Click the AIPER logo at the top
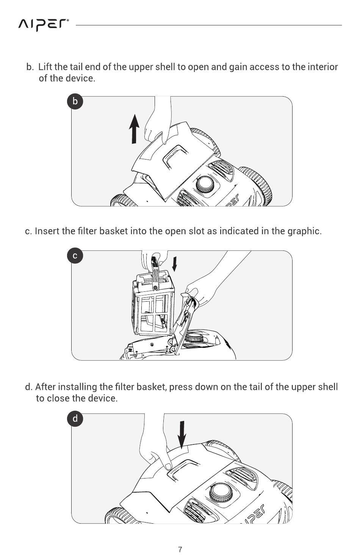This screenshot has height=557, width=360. click(44, 25)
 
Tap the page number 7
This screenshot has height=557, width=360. click(180, 549)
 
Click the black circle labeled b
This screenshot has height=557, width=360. click(75, 102)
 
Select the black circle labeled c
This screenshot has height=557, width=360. click(75, 256)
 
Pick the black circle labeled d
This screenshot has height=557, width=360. click(75, 419)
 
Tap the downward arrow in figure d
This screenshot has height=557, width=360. click(182, 433)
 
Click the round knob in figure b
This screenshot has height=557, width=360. click(205, 184)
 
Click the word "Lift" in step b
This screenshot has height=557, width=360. click(45, 67)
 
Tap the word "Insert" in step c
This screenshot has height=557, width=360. click(47, 231)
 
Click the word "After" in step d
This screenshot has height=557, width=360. click(45, 387)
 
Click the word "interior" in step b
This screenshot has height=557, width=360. click(322, 67)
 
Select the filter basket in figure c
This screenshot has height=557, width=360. click(153, 307)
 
